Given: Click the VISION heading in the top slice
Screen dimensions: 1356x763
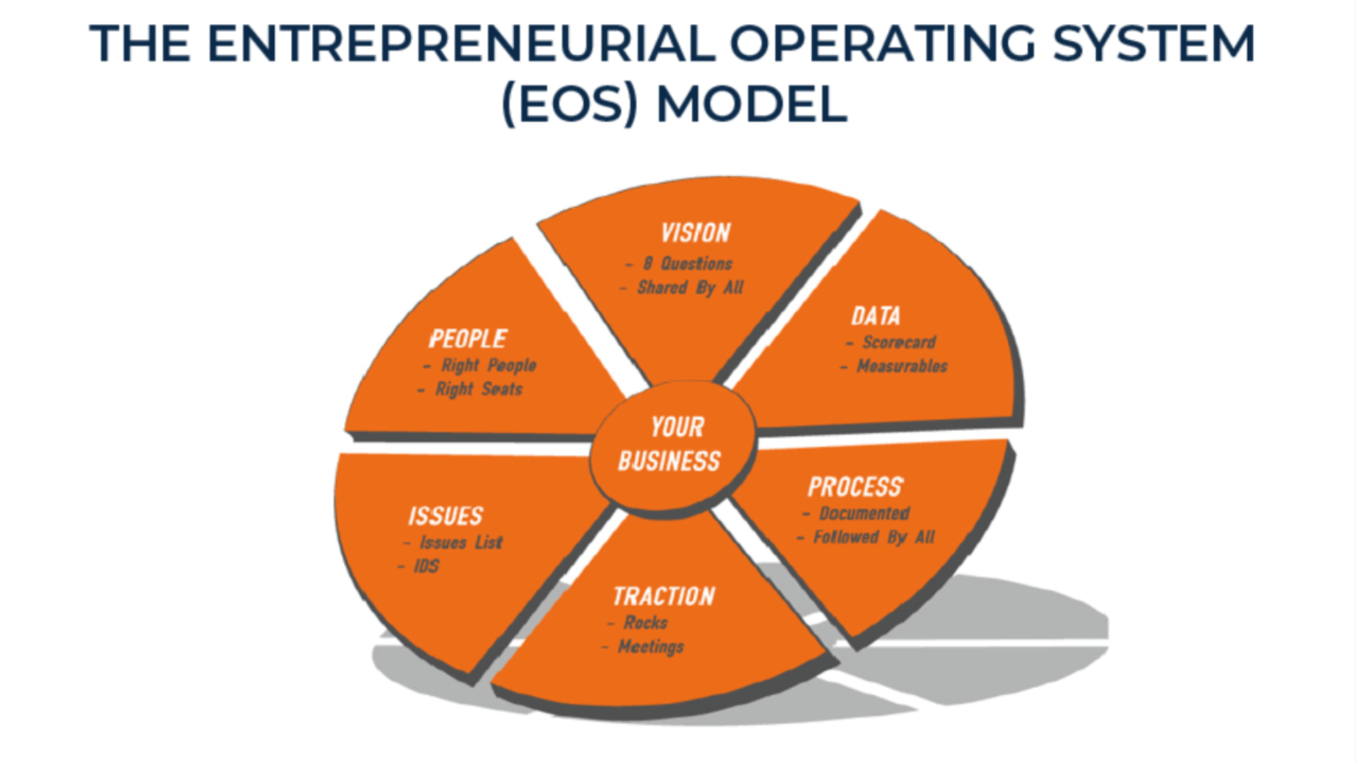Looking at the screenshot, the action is pos(696,233).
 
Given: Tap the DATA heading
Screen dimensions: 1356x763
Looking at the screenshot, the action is pos(876,316).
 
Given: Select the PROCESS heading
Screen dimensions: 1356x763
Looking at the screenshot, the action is pos(855,487).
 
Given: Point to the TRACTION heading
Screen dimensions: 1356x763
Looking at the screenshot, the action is pos(664,596).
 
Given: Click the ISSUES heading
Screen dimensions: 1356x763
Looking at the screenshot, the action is pos(446,516).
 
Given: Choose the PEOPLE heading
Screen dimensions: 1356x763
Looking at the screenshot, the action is pos(468,339).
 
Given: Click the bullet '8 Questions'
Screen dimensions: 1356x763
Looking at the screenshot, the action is pos(687,264).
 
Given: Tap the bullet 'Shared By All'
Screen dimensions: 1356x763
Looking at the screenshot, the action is pos(690,288).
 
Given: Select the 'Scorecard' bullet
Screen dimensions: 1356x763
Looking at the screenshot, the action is pos(898,343).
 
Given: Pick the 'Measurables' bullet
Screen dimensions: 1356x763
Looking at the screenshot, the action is pos(902,366).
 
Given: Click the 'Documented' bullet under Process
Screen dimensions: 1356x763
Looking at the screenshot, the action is pos(864,514).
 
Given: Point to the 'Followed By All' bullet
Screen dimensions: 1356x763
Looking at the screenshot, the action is pos(874,538).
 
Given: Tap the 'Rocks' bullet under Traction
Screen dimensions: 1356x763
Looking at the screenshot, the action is pos(646,622).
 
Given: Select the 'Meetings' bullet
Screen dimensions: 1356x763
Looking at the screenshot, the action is pos(650,646).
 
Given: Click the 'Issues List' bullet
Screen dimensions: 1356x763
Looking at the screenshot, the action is pos(460,543).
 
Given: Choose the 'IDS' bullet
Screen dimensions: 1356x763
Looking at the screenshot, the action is pos(426,566).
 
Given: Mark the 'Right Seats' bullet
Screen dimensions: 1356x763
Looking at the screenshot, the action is pos(478,389).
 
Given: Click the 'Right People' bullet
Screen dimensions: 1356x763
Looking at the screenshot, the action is pos(488,365).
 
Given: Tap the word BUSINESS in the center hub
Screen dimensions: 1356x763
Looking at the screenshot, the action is pos(670,461).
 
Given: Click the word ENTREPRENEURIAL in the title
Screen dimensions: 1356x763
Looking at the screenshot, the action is pos(461,44).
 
